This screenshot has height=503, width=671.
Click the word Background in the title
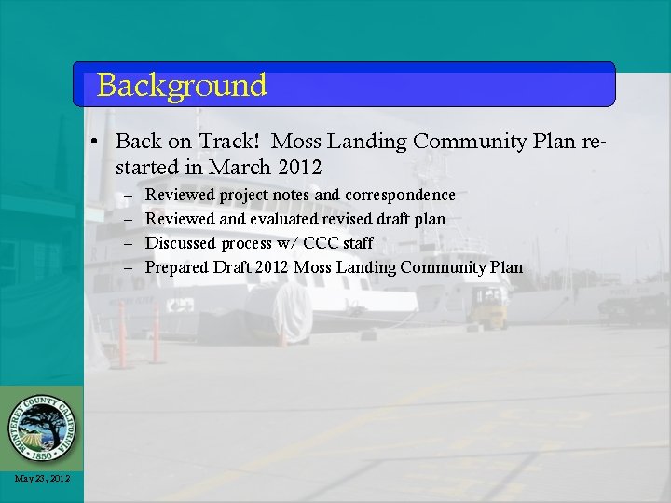182,86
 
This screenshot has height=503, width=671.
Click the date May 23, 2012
42,479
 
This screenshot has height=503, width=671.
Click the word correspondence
400,195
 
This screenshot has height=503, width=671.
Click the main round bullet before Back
96,143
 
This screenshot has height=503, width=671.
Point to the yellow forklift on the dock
487,307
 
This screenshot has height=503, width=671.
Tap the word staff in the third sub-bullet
358,243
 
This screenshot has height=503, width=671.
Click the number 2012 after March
299,168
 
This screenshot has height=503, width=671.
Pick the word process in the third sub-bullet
247,244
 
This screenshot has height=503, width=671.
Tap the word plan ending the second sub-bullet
430,219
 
